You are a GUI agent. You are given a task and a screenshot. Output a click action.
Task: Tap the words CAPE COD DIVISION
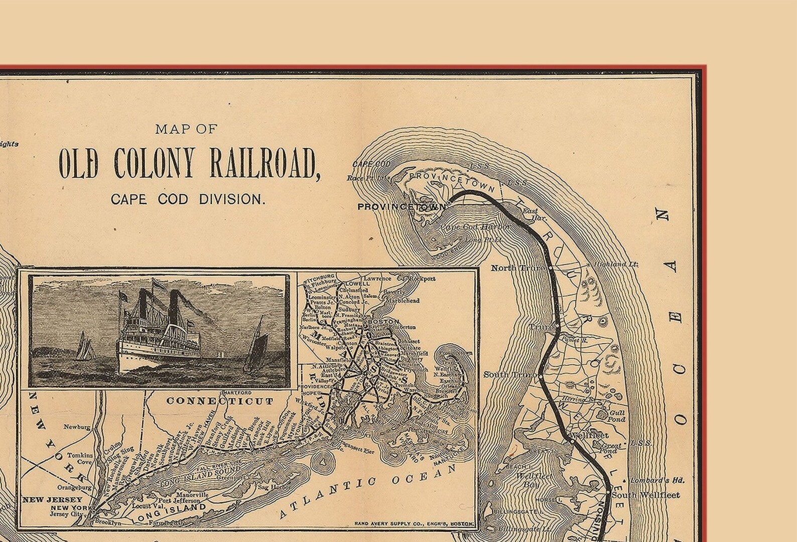tap(187, 199)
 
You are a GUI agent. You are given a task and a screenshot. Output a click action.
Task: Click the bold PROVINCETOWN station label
tap(401, 206)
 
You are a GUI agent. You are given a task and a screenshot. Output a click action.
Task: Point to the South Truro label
tap(510, 375)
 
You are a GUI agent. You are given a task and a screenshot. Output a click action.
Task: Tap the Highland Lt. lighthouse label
tap(616, 264)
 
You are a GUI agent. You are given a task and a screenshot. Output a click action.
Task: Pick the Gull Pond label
tap(617, 416)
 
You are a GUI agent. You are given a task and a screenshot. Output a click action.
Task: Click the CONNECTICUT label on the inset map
tap(220, 401)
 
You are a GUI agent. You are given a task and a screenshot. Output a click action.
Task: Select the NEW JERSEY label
tap(52, 500)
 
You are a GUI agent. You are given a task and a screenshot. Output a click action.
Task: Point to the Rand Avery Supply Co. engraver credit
tap(414, 523)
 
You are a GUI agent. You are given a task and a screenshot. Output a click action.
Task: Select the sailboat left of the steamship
tap(85, 346)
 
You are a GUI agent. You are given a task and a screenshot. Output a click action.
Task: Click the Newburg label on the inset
tap(77, 428)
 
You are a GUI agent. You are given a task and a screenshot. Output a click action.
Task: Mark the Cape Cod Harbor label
tap(475, 227)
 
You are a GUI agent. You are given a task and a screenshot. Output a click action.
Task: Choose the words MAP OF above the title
tap(186, 129)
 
